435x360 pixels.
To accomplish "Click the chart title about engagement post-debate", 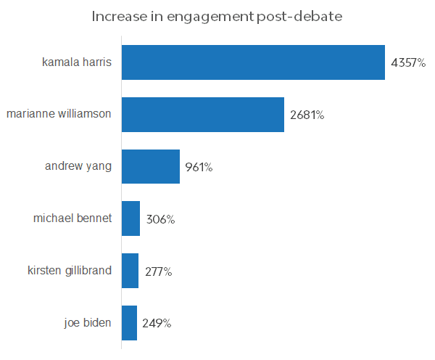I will (217, 16).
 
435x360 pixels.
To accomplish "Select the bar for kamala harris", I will (253, 62).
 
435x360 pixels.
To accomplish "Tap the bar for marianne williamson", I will (202, 115).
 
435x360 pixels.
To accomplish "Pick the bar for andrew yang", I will (150, 167).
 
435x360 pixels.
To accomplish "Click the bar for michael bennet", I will (130, 218).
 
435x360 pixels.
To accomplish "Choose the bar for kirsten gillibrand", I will (130, 271).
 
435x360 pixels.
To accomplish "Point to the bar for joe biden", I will (129, 323).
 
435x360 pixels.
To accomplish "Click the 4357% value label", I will (408, 63).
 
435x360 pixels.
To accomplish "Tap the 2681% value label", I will (307, 115).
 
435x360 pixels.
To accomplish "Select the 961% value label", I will (199, 168).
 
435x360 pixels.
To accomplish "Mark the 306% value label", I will (160, 219).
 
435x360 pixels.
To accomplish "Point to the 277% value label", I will (157, 271).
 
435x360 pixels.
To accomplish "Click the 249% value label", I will (157, 324).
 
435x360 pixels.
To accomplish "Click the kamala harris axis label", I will (77, 62).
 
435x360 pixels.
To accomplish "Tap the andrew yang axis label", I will (78, 166).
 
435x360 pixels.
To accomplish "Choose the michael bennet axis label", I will (72, 218).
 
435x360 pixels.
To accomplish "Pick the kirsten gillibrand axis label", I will (69, 271).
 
